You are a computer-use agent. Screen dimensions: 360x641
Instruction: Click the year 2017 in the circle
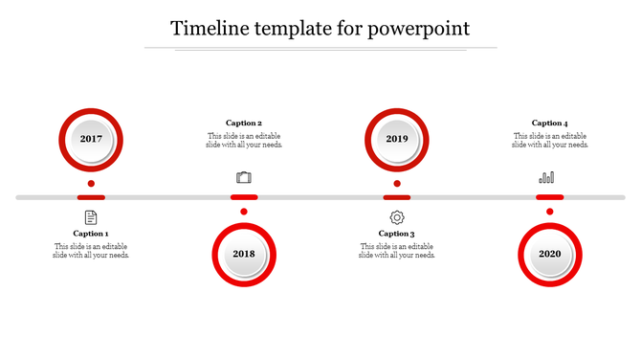point(91,139)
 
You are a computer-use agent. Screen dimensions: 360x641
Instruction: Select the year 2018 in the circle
point(244,254)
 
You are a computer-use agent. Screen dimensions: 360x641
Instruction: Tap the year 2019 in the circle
point(397,139)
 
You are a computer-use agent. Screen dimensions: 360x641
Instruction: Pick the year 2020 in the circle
point(550,254)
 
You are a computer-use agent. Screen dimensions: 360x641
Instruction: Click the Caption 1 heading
point(91,234)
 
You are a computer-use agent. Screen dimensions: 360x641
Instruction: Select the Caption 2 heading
point(244,123)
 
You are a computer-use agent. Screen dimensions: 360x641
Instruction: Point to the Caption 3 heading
point(397,234)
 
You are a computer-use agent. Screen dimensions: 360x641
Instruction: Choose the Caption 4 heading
point(550,123)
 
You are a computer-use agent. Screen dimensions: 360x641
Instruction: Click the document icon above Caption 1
point(91,217)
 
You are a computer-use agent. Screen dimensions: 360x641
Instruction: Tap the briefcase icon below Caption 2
point(244,177)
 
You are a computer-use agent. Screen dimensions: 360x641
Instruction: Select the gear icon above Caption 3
point(397,217)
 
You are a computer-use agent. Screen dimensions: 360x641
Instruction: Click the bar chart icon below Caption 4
point(547,177)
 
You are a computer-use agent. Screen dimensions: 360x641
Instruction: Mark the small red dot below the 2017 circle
point(91,183)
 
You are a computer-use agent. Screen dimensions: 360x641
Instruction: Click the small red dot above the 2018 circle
point(244,212)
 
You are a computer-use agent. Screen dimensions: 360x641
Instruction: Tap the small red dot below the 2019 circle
point(397,183)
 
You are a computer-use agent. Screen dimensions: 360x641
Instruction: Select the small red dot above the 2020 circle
point(550,212)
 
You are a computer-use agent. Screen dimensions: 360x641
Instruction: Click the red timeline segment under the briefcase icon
point(244,197)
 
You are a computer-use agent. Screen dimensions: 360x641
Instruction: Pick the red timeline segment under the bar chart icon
point(550,197)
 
